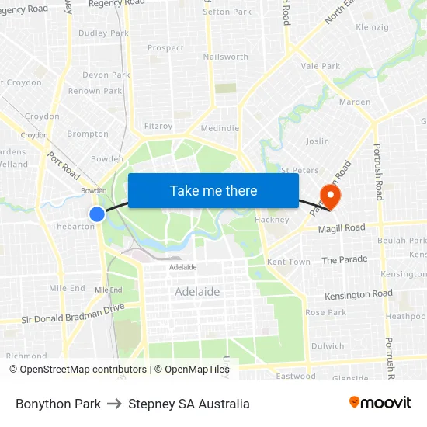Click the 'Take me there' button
[x=213, y=191]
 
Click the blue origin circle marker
[x=97, y=213]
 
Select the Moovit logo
[x=380, y=403]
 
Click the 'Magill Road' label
[x=342, y=227]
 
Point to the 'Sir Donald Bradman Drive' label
[x=73, y=313]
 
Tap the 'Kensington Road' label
[x=359, y=294]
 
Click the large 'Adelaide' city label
[x=197, y=292]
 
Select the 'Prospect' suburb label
[x=165, y=48]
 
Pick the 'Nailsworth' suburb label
[x=225, y=57]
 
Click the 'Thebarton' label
[x=73, y=227]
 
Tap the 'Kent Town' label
[x=289, y=262]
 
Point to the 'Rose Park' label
[x=326, y=312]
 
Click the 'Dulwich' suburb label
[x=328, y=346]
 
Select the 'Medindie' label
[x=220, y=128]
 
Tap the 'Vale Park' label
[x=321, y=66]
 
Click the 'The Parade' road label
[x=345, y=259]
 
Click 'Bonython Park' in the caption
[x=58, y=404]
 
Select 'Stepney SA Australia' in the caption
[x=189, y=404]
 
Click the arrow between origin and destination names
[x=114, y=404]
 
